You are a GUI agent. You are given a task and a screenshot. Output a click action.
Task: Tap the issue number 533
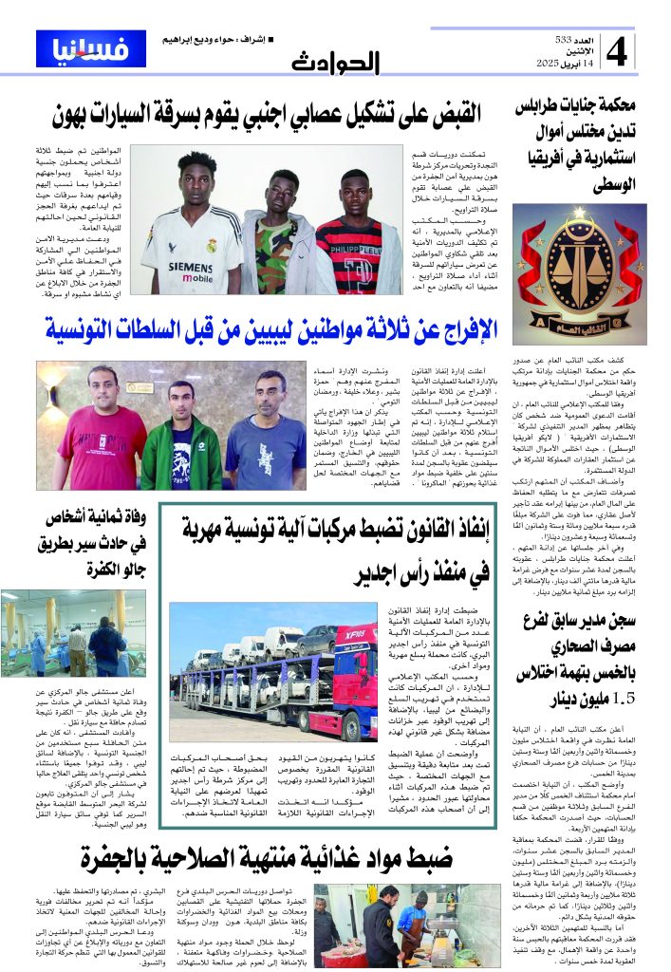[x=568, y=38]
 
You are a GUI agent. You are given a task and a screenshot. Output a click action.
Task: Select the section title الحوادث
[x=335, y=62]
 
